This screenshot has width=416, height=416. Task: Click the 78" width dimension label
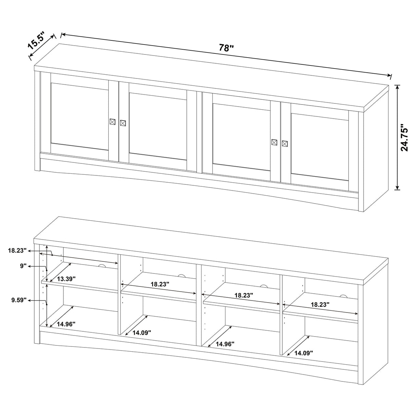(x=226, y=48)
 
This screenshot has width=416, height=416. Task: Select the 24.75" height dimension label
(x=405, y=137)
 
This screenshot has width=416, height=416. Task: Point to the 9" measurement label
(x=23, y=266)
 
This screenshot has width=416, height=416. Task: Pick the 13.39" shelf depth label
(x=66, y=279)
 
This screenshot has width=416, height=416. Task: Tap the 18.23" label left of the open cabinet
(x=17, y=250)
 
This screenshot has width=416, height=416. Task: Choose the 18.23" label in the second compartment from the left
(x=160, y=284)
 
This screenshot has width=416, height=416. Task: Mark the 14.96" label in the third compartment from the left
(x=225, y=344)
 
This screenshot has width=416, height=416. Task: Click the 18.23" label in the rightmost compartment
(x=320, y=304)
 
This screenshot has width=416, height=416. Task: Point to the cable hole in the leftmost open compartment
(x=101, y=266)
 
